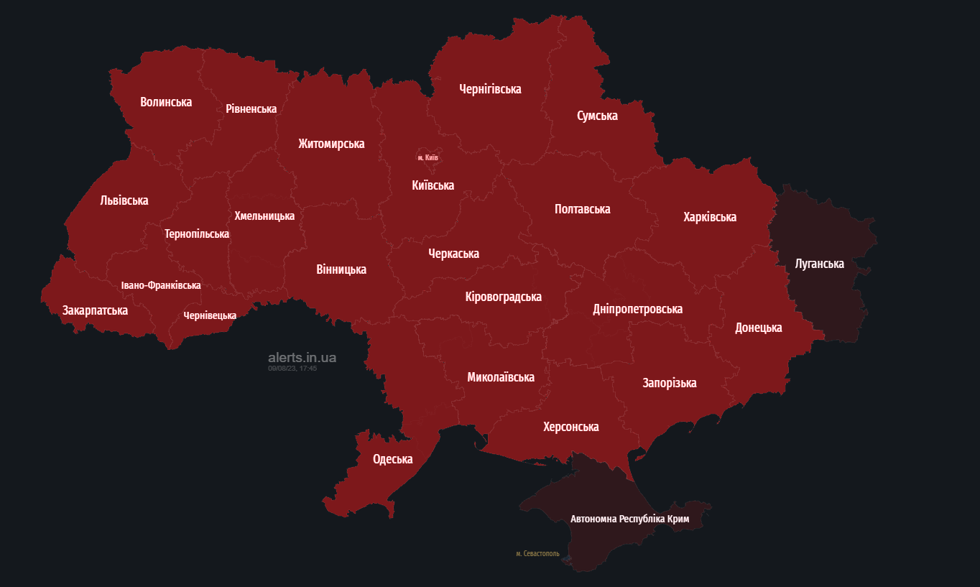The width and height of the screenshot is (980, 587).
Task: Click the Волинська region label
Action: click(x=166, y=102)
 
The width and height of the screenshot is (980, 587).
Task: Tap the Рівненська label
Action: click(x=251, y=108)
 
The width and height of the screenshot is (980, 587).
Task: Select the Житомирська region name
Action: click(x=331, y=144)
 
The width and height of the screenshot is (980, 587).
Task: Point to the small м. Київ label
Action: click(x=427, y=157)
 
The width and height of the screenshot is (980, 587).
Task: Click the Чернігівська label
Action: click(x=490, y=89)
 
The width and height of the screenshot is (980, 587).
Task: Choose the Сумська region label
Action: click(x=597, y=116)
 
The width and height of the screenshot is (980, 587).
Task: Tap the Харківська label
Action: click(x=710, y=217)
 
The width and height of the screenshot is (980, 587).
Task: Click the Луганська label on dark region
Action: click(x=819, y=264)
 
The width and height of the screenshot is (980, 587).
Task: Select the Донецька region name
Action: click(x=758, y=328)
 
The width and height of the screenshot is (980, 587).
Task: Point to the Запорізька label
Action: click(x=669, y=383)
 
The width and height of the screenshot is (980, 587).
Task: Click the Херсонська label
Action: click(x=570, y=427)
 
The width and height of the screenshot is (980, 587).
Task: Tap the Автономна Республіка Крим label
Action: click(x=629, y=519)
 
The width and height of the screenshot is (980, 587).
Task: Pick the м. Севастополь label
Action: click(x=537, y=554)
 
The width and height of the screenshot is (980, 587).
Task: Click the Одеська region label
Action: click(x=392, y=460)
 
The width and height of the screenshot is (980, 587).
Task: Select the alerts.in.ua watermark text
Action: click(x=302, y=357)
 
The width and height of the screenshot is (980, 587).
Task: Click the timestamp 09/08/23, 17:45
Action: click(x=292, y=368)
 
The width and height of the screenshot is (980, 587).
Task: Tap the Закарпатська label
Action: click(x=95, y=310)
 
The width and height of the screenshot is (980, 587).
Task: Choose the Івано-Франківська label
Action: click(x=161, y=285)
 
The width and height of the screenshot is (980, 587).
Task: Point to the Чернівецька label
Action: click(x=210, y=315)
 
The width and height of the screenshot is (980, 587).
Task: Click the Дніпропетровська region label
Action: click(x=637, y=309)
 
